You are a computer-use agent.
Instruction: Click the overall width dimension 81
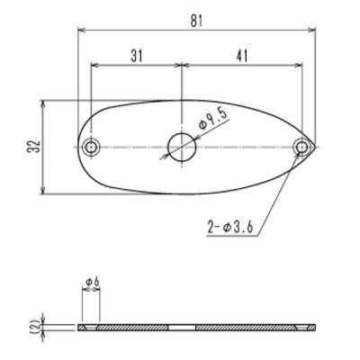click(x=197, y=19)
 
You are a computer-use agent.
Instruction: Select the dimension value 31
click(x=136, y=56)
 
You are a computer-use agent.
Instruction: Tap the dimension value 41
click(x=241, y=56)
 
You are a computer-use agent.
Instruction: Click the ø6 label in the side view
click(x=91, y=284)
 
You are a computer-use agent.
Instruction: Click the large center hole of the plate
click(x=183, y=146)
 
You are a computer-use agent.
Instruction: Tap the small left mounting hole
click(x=91, y=147)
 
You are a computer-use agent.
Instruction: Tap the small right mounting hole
click(x=301, y=147)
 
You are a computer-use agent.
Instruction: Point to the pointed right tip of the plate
click(x=316, y=146)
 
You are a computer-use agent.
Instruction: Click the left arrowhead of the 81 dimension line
click(x=81, y=29)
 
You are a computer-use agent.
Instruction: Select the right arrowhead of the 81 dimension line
click(x=314, y=29)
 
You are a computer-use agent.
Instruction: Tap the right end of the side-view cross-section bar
click(x=314, y=328)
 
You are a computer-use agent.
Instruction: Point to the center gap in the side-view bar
click(x=183, y=328)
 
